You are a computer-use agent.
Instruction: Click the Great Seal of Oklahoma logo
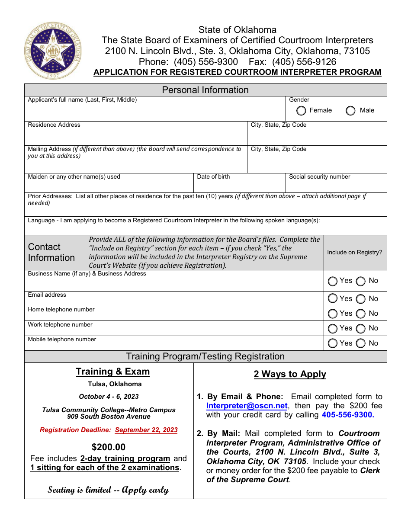tap(52, 50)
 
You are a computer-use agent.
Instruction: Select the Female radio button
tap(302, 111)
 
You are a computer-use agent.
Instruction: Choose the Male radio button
tap(351, 111)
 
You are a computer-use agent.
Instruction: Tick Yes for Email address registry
tap(333, 298)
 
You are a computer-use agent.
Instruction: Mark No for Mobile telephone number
tap(361, 343)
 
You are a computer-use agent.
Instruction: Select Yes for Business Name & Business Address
tap(333, 281)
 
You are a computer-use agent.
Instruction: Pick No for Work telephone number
tap(361, 328)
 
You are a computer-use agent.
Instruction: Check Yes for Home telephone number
tap(333, 314)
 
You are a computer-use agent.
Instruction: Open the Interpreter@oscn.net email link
tap(247, 406)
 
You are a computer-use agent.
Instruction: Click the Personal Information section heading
tap(205, 90)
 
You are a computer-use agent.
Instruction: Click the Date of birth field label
tap(213, 177)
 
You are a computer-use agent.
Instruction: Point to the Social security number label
tap(319, 177)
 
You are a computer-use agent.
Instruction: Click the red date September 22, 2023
tap(146, 430)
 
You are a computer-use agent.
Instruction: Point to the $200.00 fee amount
tap(109, 447)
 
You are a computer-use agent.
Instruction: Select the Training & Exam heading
tap(112, 372)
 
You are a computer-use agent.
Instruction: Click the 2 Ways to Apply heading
tap(290, 374)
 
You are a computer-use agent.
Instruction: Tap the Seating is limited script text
tap(108, 490)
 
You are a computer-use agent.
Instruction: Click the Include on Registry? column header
tap(354, 253)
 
